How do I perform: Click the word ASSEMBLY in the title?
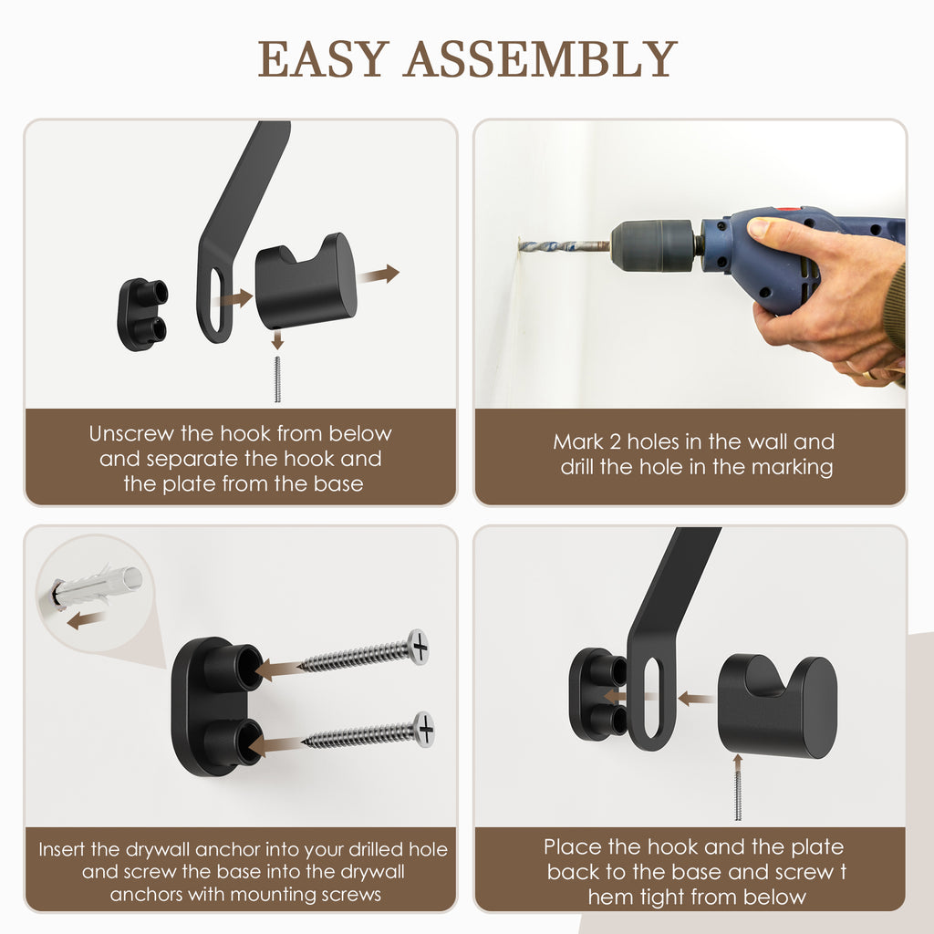[541, 59]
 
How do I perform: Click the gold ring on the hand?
[869, 375]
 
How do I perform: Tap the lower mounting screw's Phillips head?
[425, 728]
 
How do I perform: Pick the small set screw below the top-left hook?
[277, 379]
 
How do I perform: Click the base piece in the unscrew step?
[142, 314]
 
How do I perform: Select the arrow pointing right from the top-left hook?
[379, 275]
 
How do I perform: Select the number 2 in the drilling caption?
[615, 442]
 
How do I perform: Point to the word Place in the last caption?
[573, 847]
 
